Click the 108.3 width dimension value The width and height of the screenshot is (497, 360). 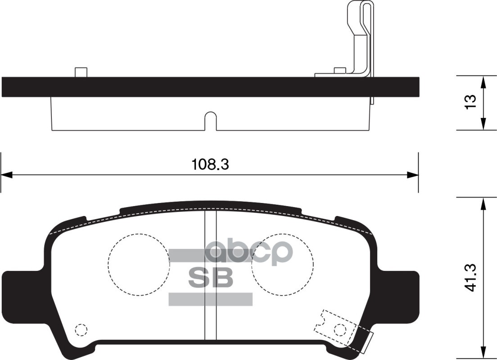point(210,165)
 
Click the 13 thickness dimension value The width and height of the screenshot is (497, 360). point(470,102)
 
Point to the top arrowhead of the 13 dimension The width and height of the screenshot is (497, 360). point(483,81)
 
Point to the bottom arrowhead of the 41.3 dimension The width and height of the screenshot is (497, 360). point(483,353)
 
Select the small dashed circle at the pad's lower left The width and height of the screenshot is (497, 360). point(81,330)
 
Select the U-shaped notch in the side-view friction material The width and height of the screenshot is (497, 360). point(211,121)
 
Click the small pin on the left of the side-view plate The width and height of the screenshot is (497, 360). point(81,72)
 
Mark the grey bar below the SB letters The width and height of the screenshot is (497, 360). point(210,299)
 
